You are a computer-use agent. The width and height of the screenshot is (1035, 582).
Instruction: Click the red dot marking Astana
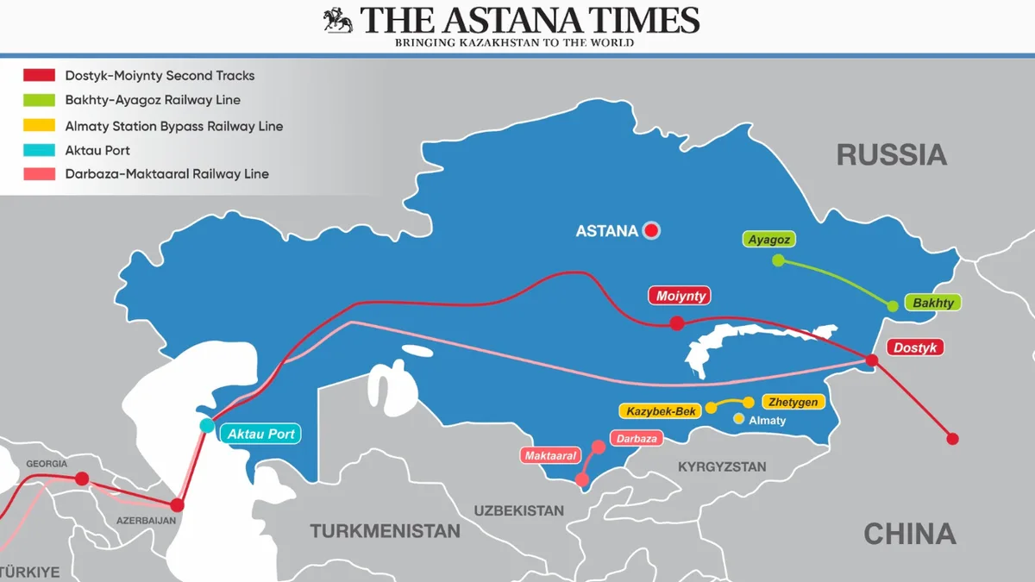coord(651,230)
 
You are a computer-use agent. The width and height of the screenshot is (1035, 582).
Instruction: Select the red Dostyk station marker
coord(871,360)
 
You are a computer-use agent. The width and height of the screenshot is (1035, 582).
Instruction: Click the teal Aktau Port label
coord(261,434)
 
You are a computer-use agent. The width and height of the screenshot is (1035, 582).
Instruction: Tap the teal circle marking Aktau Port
coord(207,425)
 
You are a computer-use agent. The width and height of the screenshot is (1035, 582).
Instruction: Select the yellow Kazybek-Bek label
coord(661,411)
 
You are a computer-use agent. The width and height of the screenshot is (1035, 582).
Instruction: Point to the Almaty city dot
coord(738,419)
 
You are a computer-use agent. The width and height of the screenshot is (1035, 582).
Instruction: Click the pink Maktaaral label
coord(549,454)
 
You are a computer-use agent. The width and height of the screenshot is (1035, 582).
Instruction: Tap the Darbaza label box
coord(637,438)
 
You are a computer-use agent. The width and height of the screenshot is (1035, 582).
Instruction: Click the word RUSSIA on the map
coord(891,155)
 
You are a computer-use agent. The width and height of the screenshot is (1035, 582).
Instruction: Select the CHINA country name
coord(909,534)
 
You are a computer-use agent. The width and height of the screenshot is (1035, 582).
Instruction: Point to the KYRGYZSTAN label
coord(722,466)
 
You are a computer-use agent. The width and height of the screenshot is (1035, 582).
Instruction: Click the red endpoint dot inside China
coord(952,438)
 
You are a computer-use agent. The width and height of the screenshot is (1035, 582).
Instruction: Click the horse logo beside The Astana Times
coord(337,21)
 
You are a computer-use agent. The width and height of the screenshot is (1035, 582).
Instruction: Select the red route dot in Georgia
coord(82,479)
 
